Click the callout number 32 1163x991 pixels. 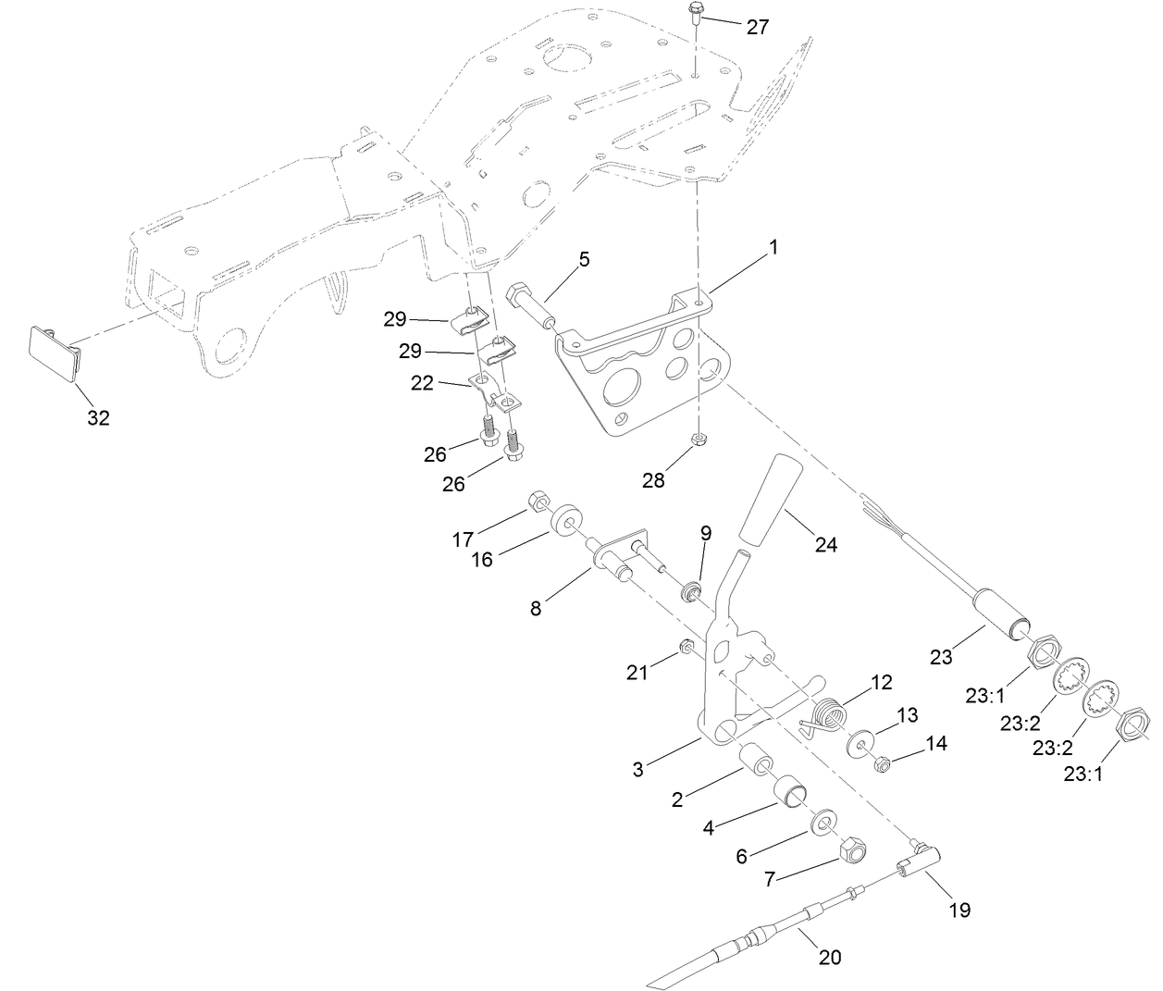98,417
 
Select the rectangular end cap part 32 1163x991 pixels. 54,352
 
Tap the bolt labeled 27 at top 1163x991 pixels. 694,16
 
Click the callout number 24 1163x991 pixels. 825,545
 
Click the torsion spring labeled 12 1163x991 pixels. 831,715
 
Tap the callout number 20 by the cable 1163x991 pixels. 830,957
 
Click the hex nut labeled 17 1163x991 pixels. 536,504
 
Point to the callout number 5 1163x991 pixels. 584,260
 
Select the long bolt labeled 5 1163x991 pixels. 531,306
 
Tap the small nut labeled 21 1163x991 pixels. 687,646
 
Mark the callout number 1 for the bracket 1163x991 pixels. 773,248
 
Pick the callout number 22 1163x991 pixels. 422,383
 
